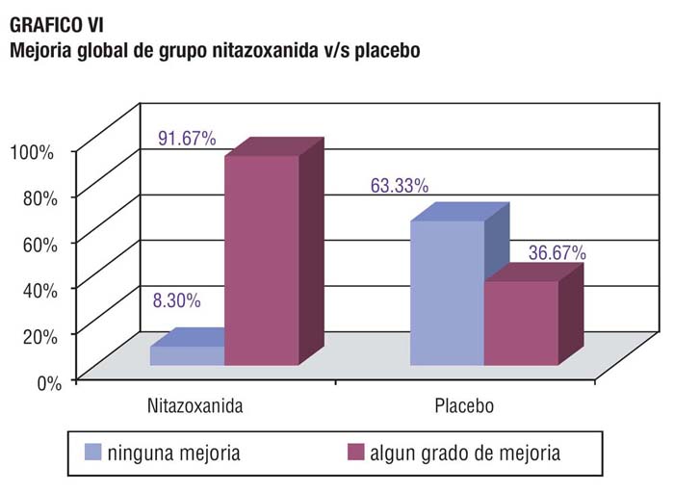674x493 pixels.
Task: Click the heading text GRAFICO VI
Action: point(56,25)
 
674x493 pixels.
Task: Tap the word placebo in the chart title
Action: point(387,50)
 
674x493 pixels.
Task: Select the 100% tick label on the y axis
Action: point(32,152)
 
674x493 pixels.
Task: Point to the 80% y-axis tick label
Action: point(40,198)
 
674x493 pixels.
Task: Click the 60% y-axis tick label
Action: point(40,245)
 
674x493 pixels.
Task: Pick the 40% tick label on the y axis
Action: point(40,291)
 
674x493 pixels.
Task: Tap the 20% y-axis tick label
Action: point(40,337)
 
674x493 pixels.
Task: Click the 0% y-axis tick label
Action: point(49,383)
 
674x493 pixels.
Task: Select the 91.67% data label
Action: point(187,139)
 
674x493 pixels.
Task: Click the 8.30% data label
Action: point(176,300)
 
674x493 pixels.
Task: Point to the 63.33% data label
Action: point(400,186)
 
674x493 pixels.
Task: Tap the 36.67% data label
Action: point(557,252)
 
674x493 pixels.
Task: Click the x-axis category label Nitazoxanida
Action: point(195,405)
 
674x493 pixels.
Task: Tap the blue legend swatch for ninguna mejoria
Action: point(92,453)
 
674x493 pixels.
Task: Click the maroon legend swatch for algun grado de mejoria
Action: point(355,453)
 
